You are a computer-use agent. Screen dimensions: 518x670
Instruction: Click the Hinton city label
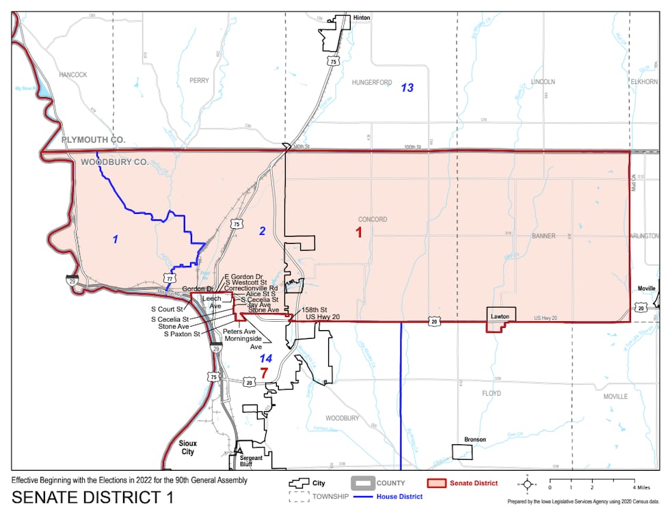362,18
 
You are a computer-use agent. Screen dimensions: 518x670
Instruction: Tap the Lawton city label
500,317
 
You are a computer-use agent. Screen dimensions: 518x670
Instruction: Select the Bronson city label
474,439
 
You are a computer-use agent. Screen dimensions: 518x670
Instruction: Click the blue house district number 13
407,87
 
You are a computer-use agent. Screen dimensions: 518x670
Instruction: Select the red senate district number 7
264,373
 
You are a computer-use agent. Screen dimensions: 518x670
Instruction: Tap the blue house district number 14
265,358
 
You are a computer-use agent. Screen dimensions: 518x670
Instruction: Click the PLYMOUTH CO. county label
94,139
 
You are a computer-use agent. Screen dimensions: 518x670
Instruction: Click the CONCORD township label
372,219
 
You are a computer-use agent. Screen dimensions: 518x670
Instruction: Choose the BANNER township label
544,236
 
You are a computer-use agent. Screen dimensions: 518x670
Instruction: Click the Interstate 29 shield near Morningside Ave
216,349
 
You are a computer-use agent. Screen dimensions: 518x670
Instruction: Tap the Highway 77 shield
169,277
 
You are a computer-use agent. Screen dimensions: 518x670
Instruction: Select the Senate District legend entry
473,483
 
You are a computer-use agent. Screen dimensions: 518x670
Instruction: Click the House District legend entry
399,496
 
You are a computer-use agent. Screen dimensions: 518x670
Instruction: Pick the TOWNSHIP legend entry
332,496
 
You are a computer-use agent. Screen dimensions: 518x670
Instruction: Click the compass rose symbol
527,485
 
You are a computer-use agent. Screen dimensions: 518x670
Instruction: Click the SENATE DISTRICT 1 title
93,497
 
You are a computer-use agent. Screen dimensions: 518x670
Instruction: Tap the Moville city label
647,289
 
